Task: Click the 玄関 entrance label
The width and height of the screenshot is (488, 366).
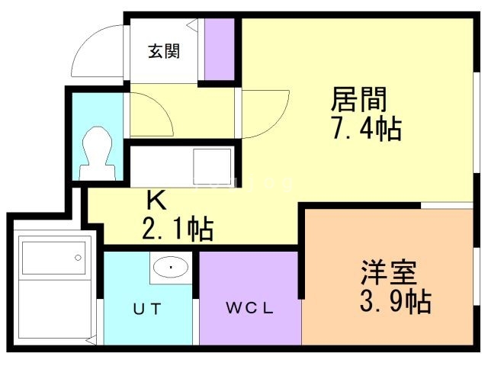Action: coord(163,52)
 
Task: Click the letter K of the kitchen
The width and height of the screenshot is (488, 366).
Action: coord(156,201)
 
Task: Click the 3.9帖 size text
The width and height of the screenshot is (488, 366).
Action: coord(395,302)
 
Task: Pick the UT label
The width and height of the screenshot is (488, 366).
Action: coord(149,310)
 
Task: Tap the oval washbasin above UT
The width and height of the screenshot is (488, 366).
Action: coord(172,268)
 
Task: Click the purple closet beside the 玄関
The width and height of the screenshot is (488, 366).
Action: coord(220,47)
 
